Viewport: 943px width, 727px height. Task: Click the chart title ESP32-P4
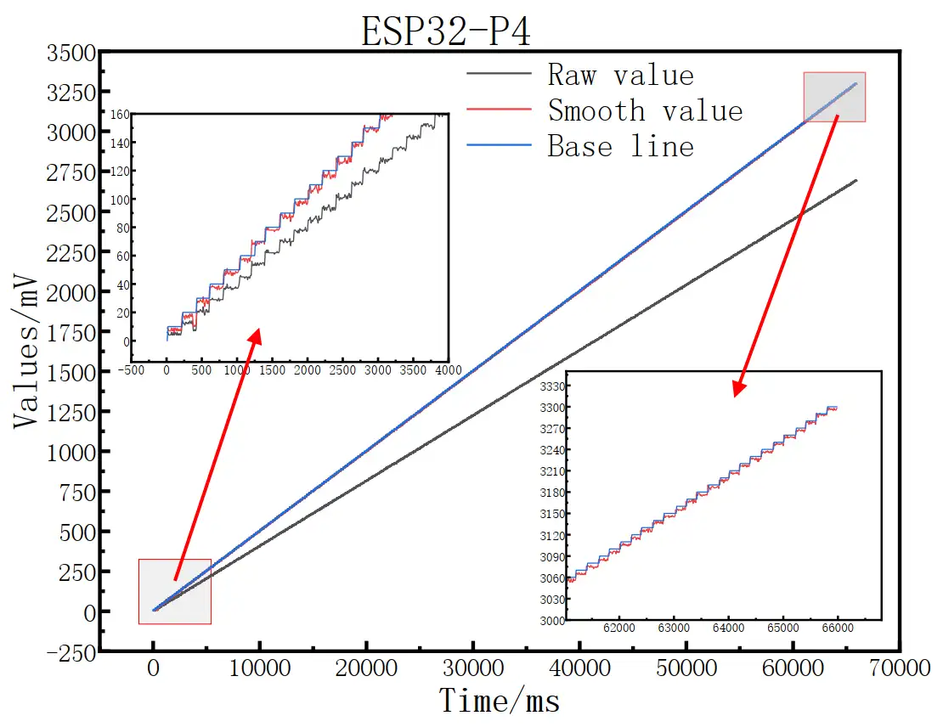[447, 31]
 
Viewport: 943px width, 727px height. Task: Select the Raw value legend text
[620, 75]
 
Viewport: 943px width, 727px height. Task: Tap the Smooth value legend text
[645, 110]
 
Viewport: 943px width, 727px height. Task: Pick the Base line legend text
[620, 146]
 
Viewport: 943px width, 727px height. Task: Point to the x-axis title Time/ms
[500, 702]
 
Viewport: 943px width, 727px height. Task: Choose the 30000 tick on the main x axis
[472, 668]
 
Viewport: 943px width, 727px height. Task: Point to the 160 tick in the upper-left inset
[119, 114]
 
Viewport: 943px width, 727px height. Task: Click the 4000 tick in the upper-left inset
[449, 371]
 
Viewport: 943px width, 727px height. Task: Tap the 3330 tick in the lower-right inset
[551, 386]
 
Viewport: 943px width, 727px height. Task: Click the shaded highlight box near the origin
[174, 591]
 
